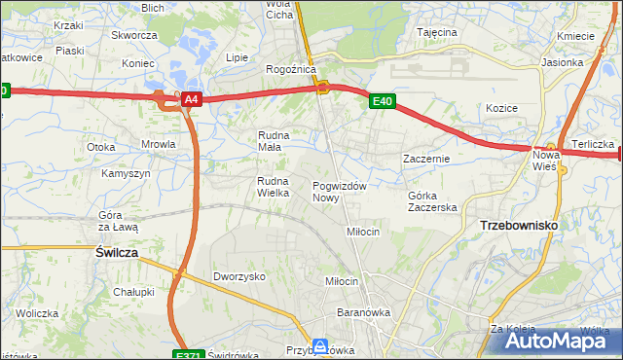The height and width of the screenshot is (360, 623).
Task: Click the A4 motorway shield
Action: pyautogui.click(x=192, y=99)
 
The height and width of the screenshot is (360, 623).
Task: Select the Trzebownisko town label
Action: pyautogui.click(x=518, y=225)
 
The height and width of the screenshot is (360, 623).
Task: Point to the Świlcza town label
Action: pyautogui.click(x=117, y=251)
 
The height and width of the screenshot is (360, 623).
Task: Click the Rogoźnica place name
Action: pyautogui.click(x=287, y=70)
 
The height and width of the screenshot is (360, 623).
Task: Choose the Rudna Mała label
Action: pyautogui.click(x=275, y=141)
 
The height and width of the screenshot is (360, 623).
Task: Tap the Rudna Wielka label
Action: pyautogui.click(x=275, y=187)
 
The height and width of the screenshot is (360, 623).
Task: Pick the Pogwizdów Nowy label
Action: pyautogui.click(x=339, y=192)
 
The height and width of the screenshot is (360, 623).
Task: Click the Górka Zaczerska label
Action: pyautogui.click(x=432, y=201)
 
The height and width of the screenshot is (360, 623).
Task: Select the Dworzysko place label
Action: pyautogui.click(x=239, y=276)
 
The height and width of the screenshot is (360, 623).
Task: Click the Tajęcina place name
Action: pyautogui.click(x=437, y=32)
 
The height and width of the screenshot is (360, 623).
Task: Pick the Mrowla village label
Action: pyautogui.click(x=158, y=144)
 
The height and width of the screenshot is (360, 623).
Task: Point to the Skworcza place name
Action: pyautogui.click(x=134, y=35)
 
